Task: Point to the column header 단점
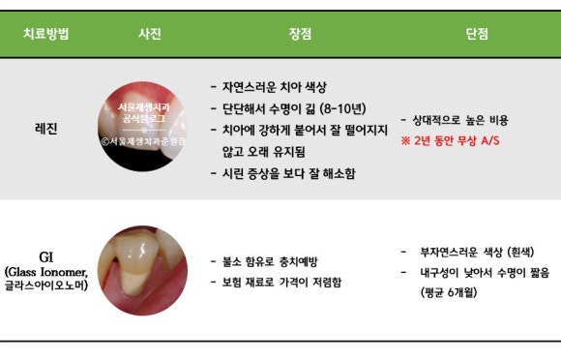(476, 35)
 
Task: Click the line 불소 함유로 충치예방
(273, 261)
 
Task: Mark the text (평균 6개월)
(450, 292)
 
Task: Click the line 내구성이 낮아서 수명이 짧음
(478, 273)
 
